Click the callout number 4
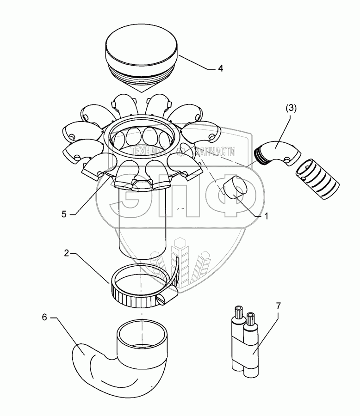point(221,68)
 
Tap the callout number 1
point(267,215)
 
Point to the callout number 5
point(65,214)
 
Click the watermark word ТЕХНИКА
point(147,152)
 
